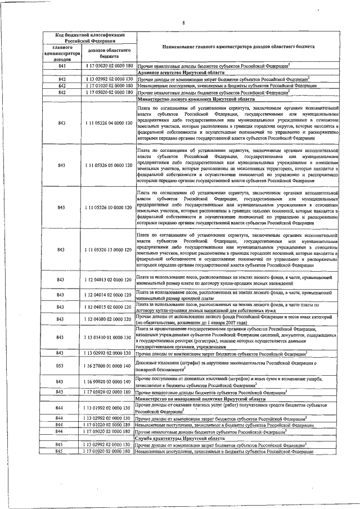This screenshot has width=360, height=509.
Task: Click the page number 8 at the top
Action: pos(183,22)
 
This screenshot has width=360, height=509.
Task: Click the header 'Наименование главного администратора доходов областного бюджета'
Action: pos(239,48)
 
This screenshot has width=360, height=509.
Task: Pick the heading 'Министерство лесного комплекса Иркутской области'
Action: pos(185,98)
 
